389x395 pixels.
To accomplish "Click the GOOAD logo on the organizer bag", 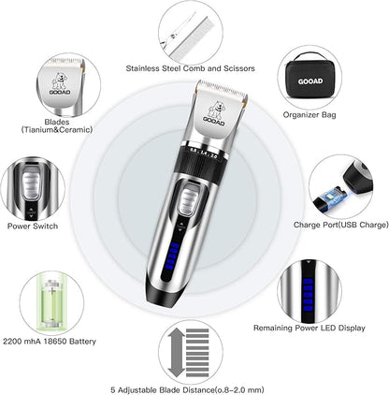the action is coord(310,81).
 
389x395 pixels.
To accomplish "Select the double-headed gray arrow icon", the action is coord(177,353).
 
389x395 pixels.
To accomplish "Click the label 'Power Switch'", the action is coord(33,226).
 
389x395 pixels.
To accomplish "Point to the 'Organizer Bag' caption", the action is coord(310,115).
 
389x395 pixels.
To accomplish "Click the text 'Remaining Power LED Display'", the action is coord(310,328).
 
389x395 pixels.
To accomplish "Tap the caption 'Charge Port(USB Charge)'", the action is coord(341,225).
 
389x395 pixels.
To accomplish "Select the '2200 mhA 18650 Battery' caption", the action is coord(50,342).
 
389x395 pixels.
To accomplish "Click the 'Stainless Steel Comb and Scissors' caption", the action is coord(190,68).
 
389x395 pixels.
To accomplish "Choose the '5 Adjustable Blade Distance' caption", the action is coord(163,390).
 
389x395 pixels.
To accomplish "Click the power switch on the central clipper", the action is coord(188,202).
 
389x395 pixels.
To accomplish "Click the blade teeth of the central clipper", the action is coord(223,87).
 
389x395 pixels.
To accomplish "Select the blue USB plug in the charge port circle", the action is coord(331,197).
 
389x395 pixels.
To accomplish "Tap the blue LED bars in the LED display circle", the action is coord(308,294).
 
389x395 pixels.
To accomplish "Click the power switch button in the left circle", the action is coord(32,185).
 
